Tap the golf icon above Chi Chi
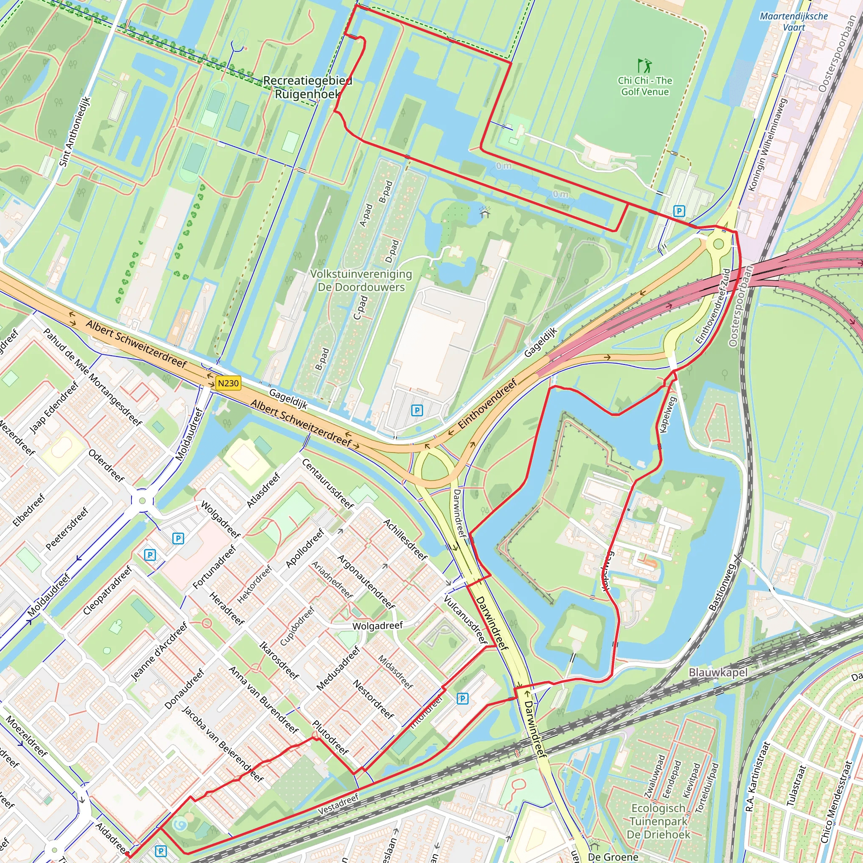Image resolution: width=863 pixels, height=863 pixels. pyautogui.click(x=644, y=66)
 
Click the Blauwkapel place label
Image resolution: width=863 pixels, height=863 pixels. pyautogui.click(x=718, y=672)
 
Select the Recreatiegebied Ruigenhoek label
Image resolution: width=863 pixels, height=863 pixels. pyautogui.click(x=307, y=87)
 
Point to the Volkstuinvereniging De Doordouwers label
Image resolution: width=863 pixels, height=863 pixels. pyautogui.click(x=361, y=281)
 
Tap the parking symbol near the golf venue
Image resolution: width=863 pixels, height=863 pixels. pyautogui.click(x=679, y=211)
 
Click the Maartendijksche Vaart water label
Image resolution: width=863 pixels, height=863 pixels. pyautogui.click(x=794, y=21)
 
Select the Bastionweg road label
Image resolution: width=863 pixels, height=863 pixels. pyautogui.click(x=722, y=587)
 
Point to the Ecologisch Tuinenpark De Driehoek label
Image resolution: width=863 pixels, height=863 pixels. pyautogui.click(x=659, y=821)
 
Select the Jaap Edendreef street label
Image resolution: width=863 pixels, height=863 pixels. pyautogui.click(x=54, y=407)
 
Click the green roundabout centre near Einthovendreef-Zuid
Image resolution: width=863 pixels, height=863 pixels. pyautogui.click(x=718, y=244)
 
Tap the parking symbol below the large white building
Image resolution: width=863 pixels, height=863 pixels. pyautogui.click(x=417, y=410)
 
